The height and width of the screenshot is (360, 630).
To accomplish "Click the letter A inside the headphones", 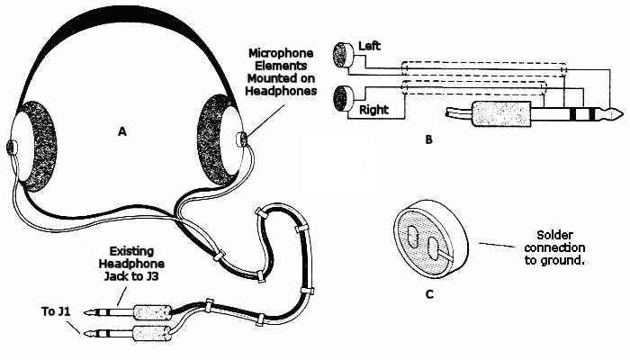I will pos(123,131).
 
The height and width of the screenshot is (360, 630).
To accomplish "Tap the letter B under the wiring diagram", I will pos(429,140).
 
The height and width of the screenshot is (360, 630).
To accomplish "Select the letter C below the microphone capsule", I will pos(429,292).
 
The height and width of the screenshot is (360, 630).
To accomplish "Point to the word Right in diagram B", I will pos(373,111).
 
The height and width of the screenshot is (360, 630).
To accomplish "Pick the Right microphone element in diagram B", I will pos(342,97).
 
